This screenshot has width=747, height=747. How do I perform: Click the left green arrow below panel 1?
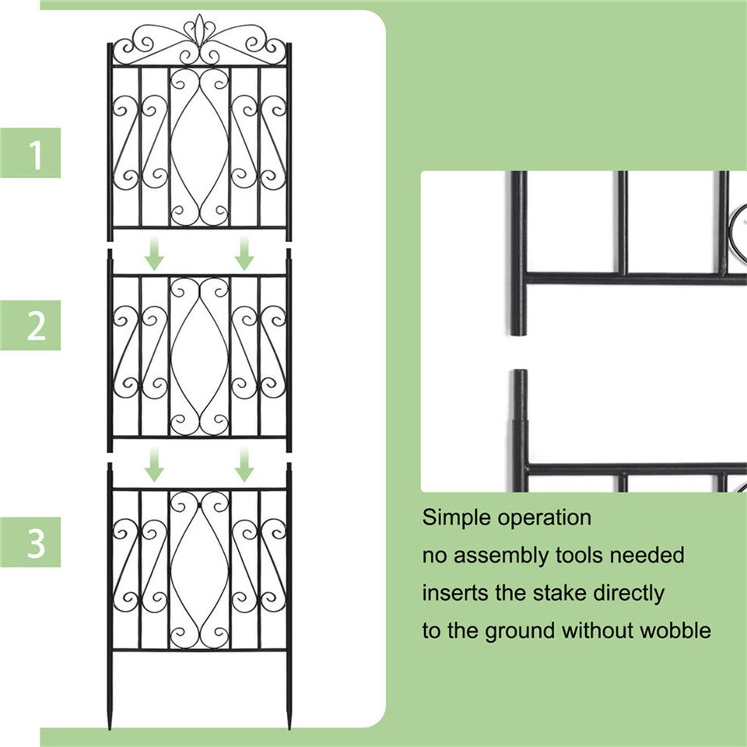coord(155,254)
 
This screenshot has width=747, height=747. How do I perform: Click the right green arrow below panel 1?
coord(245,254)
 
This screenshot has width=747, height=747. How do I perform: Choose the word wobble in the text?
coord(675,630)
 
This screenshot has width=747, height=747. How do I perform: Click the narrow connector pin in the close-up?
coord(519,393)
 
